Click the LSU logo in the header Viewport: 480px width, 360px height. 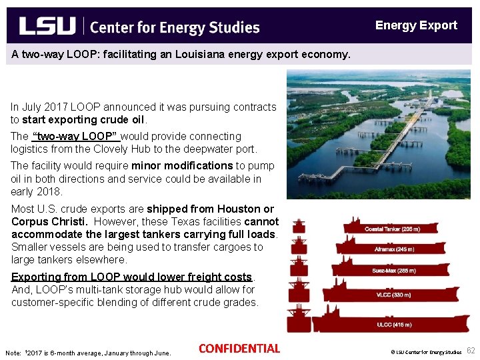click(47, 26)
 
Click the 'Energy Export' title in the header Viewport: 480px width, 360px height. click(416, 26)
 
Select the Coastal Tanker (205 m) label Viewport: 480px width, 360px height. click(392, 229)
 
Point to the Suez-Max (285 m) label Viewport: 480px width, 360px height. click(393, 271)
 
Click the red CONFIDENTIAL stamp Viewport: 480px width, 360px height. click(239, 349)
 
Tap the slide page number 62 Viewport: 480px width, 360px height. click(471, 351)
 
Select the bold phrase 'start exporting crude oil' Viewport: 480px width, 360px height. click(83, 120)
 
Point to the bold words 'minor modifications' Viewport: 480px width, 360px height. click(182, 166)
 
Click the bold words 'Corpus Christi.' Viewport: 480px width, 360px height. click(49, 221)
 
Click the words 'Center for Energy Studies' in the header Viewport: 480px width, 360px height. click(175, 27)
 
